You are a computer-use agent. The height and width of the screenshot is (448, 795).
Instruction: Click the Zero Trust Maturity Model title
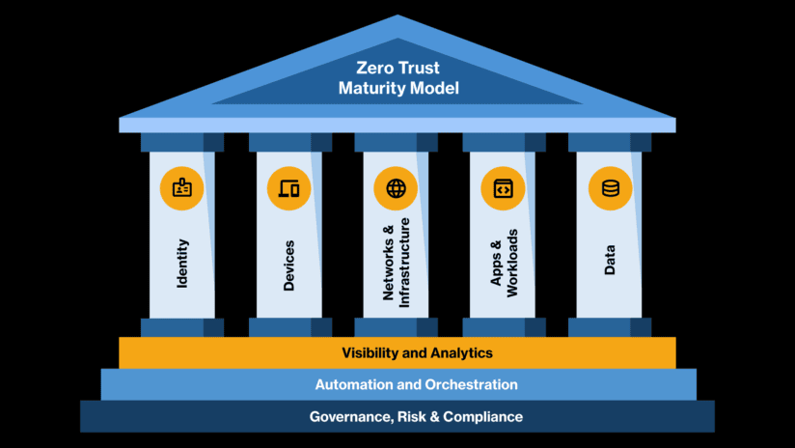coord(397,78)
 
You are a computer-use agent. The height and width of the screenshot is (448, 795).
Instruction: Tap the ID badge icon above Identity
coord(182,188)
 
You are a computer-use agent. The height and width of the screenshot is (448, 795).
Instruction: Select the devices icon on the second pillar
coord(288,188)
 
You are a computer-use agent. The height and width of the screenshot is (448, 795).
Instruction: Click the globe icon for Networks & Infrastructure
coord(396,188)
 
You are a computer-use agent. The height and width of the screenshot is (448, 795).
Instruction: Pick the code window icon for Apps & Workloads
coord(502,188)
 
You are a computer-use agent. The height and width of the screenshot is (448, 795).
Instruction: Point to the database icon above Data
coord(610,188)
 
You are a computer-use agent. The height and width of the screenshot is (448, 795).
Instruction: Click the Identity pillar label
coord(182,263)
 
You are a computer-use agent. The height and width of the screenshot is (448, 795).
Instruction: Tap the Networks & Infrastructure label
coord(397,262)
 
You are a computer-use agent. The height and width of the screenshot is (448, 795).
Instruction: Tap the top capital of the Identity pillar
coord(182,142)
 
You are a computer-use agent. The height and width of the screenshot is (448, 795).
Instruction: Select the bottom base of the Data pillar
coord(610,327)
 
